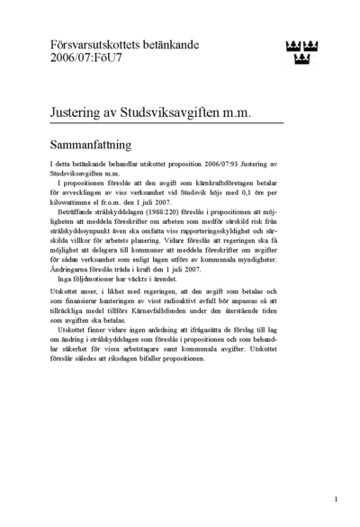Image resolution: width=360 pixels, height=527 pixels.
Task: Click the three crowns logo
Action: pyautogui.click(x=301, y=52)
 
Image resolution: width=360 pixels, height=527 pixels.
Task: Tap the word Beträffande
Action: pyautogui.click(x=78, y=220)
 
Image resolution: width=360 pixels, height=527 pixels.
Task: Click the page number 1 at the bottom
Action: pyautogui.click(x=335, y=496)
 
